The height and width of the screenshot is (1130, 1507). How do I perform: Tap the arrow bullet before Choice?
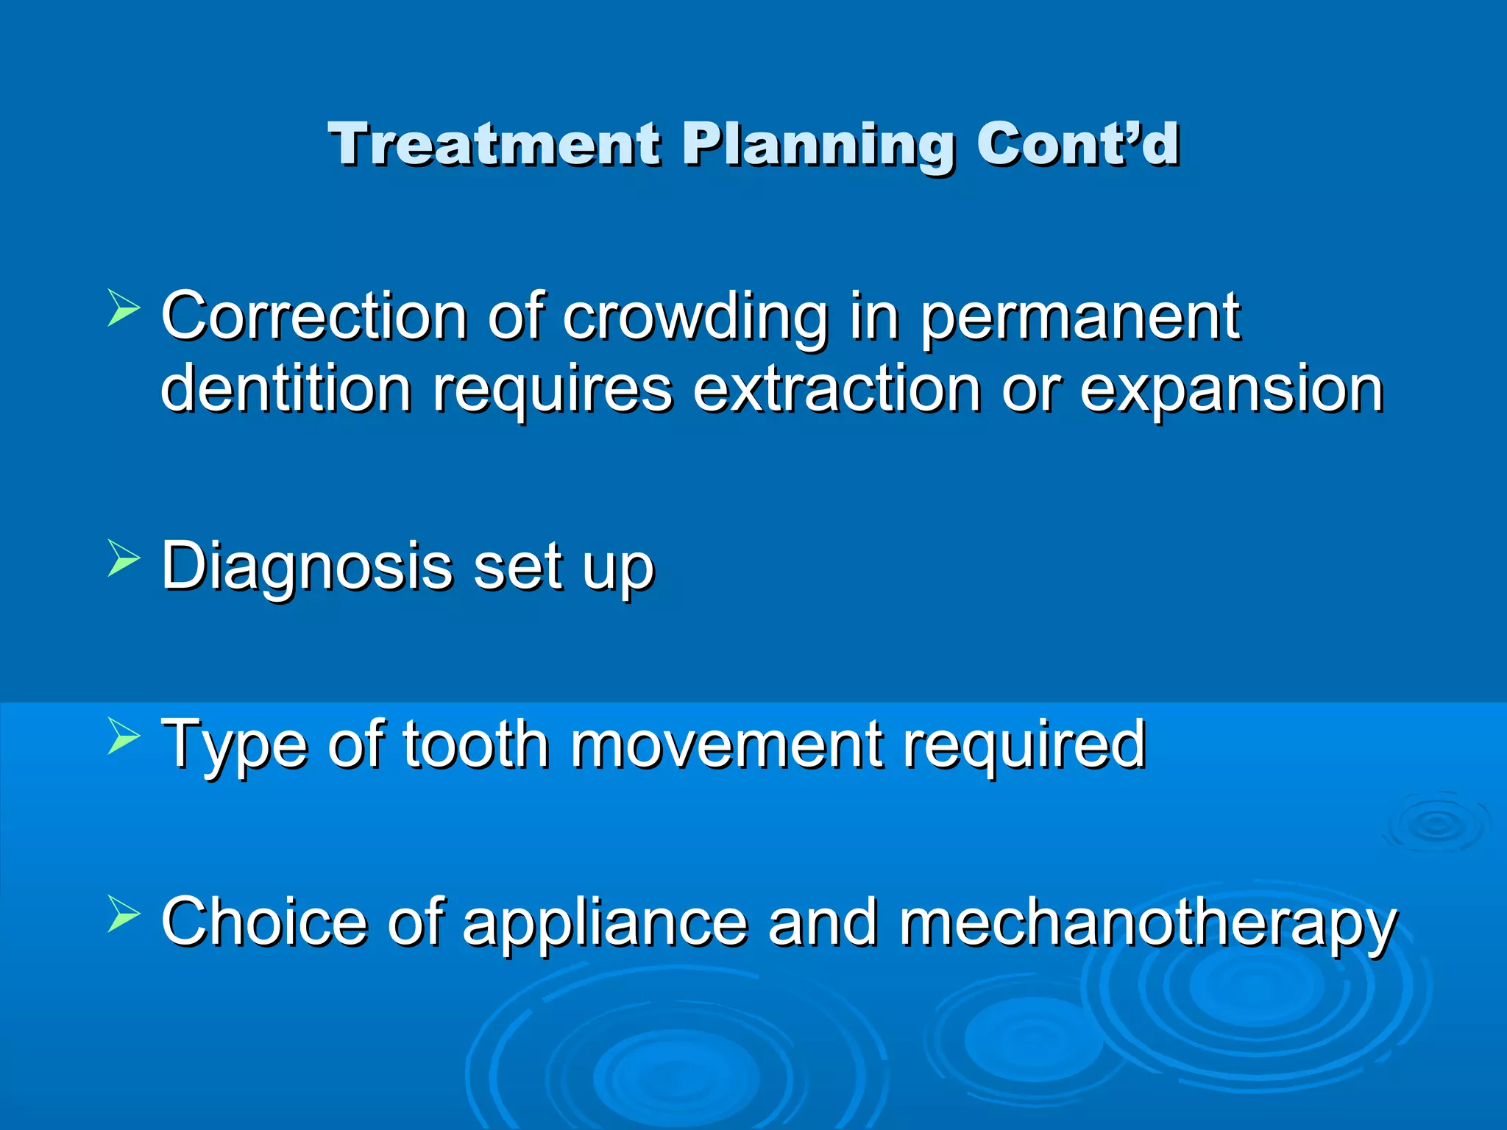pyautogui.click(x=123, y=914)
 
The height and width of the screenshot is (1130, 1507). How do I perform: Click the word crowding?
pyautogui.click(x=695, y=318)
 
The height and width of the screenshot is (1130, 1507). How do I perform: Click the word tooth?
pyautogui.click(x=475, y=745)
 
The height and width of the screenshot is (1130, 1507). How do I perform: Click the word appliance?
pyautogui.click(x=605, y=924)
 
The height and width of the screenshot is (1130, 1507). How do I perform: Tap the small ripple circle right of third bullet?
pyautogui.click(x=1436, y=824)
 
